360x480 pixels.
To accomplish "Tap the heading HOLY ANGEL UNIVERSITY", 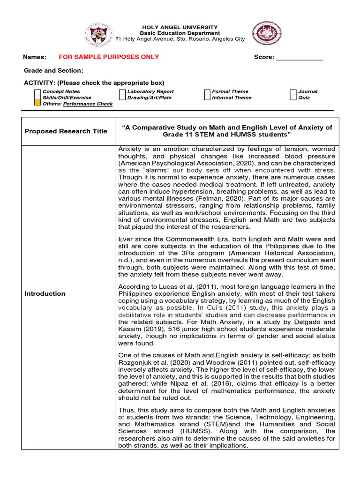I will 180,28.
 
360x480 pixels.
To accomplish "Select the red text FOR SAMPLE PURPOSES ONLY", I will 108,57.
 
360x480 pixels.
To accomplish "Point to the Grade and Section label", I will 53,70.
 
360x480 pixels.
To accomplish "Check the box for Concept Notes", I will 37,92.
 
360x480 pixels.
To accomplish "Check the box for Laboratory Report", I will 122,92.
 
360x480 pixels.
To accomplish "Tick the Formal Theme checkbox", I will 207,92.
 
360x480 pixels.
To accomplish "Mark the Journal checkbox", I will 293,92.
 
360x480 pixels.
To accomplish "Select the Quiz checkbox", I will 293,97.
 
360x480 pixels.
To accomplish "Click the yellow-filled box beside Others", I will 37,104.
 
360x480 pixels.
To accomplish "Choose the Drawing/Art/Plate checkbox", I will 122,97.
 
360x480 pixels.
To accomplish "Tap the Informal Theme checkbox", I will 207,97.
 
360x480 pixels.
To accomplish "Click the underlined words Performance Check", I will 88,104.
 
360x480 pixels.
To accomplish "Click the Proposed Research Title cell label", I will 66,131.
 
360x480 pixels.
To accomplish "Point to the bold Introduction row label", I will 45,293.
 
